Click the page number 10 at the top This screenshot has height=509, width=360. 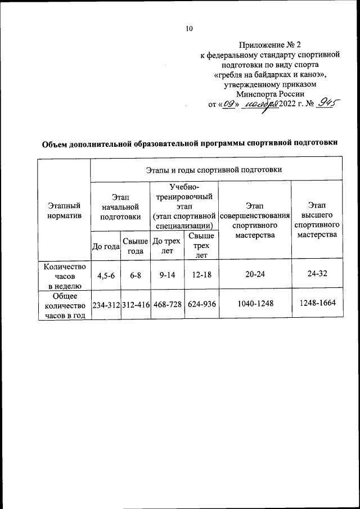coord(190,29)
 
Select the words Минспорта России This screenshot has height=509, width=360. coord(270,94)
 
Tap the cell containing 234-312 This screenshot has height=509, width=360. coord(106,304)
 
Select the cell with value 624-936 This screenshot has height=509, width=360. coord(201,304)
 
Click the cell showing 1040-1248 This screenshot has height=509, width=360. coord(255,304)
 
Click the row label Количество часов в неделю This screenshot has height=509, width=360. coord(64,274)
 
